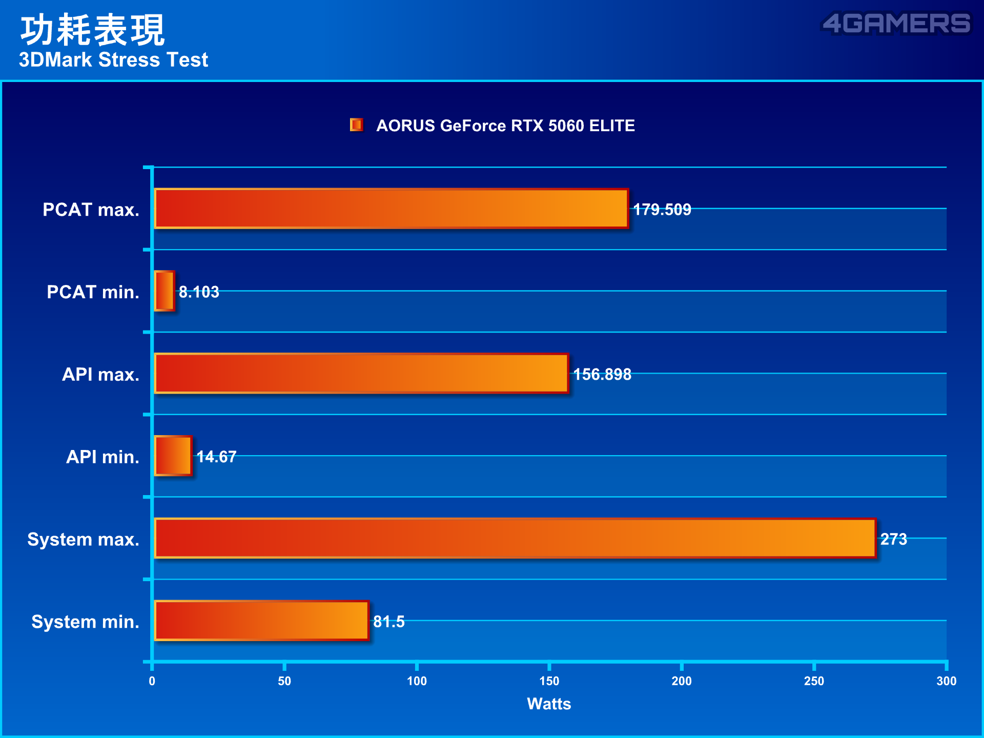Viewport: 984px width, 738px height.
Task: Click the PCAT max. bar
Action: pos(392,209)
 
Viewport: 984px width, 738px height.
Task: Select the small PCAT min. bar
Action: pos(165,291)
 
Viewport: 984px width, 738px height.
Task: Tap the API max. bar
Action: pos(362,374)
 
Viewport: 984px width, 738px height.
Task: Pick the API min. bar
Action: pos(173,456)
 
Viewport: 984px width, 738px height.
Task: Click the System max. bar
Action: pos(515,538)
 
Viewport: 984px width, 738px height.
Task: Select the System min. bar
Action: pos(262,621)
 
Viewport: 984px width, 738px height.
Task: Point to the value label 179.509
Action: pos(662,210)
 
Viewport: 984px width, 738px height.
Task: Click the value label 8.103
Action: pos(199,292)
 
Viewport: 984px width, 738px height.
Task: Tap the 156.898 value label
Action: pos(602,375)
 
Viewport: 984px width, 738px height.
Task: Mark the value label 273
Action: pos(893,539)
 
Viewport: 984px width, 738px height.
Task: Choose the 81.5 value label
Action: pos(388,622)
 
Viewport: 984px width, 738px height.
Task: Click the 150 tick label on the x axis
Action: pos(549,681)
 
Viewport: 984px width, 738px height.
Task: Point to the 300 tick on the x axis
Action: pos(946,681)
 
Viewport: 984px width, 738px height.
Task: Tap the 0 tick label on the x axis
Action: pos(152,681)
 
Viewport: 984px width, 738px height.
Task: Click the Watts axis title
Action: pos(549,704)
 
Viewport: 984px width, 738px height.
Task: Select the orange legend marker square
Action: pos(357,125)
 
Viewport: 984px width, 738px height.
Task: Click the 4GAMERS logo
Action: pos(896,24)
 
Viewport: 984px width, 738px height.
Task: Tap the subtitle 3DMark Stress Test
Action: pos(113,60)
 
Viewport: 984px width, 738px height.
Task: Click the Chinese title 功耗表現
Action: pos(92,30)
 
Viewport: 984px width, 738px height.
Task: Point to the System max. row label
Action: pos(83,539)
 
